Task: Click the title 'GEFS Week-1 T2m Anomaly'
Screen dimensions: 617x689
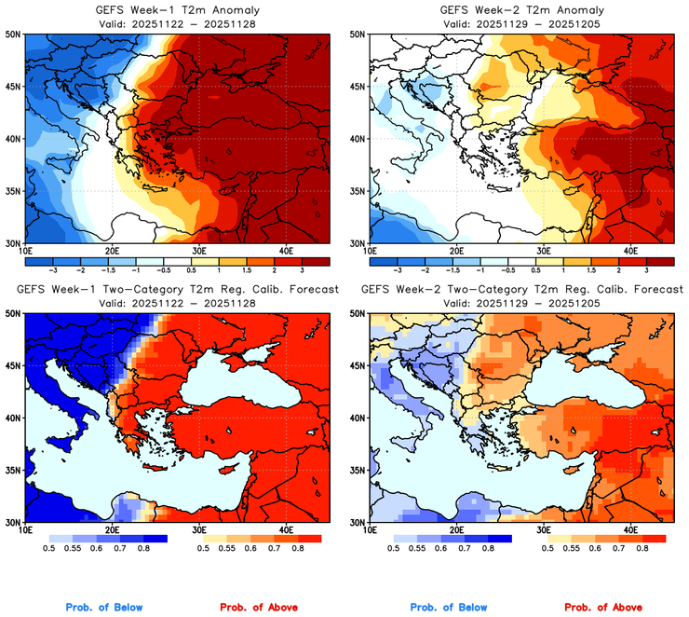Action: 176,8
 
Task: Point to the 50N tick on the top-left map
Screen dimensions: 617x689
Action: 14,34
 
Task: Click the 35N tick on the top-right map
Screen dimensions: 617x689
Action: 358,191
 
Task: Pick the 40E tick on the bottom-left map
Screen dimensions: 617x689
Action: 286,531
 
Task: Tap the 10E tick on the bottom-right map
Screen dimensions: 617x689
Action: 370,531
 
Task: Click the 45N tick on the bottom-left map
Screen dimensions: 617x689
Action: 14,366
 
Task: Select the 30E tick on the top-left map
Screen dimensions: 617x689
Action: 198,251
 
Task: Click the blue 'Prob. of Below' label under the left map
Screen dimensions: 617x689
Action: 104,608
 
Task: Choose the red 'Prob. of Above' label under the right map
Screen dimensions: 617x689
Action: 603,608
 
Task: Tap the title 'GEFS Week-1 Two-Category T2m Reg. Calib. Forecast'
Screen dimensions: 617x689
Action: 177,290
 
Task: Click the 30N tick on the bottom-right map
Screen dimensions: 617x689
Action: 358,522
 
